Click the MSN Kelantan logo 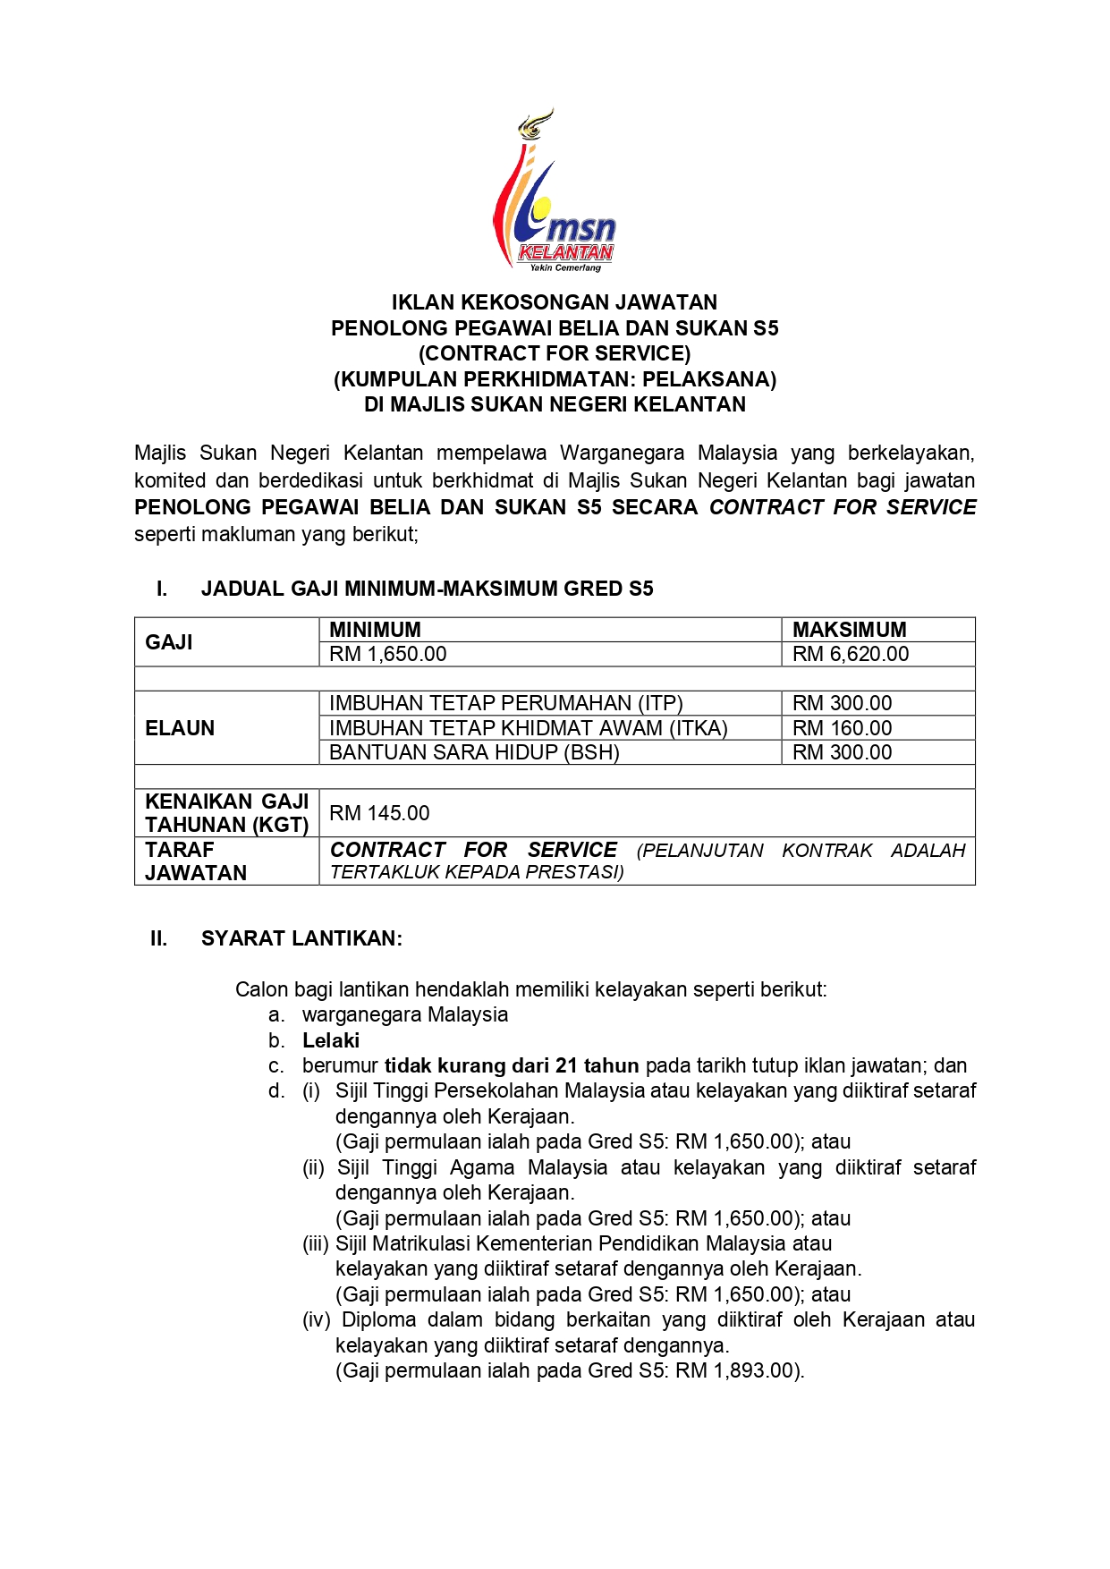555,192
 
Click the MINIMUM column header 375,629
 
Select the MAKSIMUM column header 849,629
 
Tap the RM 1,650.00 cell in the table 387,654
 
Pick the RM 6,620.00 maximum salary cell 850,654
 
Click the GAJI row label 169,642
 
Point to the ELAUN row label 180,728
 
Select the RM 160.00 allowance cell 842,728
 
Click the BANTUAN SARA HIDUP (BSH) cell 474,752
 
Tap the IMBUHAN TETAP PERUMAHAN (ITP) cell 505,703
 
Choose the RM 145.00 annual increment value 379,813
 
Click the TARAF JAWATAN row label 195,861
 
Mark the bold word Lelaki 331,1040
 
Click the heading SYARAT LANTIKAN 301,938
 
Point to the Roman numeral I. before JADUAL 162,589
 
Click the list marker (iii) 316,1243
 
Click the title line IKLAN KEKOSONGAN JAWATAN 555,302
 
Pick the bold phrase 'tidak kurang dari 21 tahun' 512,1065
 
